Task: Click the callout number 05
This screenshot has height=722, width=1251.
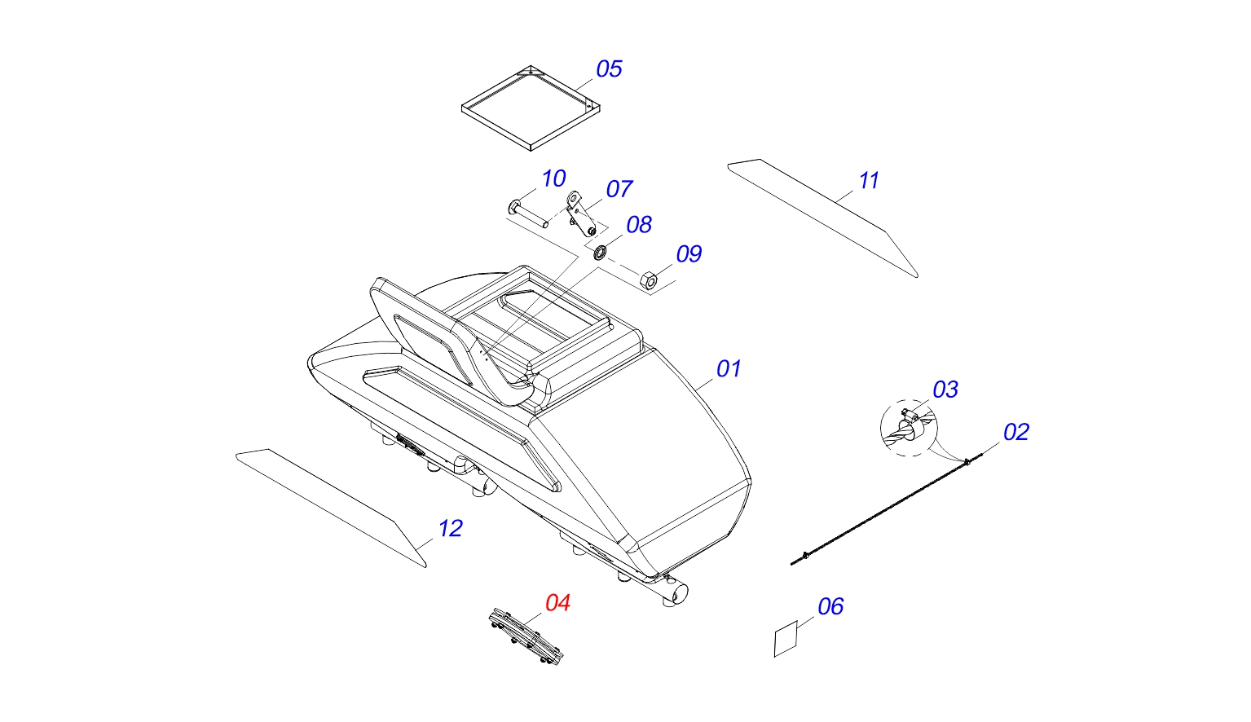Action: tap(609, 69)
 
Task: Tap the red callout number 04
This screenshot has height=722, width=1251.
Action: tap(557, 603)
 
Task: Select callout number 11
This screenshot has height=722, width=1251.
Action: tap(869, 181)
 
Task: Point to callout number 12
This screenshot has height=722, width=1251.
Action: tap(450, 529)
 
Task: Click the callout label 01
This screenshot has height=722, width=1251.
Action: tap(729, 369)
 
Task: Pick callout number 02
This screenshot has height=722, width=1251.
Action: tap(1016, 432)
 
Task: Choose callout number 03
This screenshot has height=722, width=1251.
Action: tap(945, 390)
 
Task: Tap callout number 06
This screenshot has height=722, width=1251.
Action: tap(830, 606)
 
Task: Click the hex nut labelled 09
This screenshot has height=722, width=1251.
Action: tap(650, 281)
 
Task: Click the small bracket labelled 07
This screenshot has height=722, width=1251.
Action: tap(579, 212)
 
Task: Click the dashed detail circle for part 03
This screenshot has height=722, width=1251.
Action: tap(909, 428)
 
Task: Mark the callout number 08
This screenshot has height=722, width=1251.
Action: tap(639, 225)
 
